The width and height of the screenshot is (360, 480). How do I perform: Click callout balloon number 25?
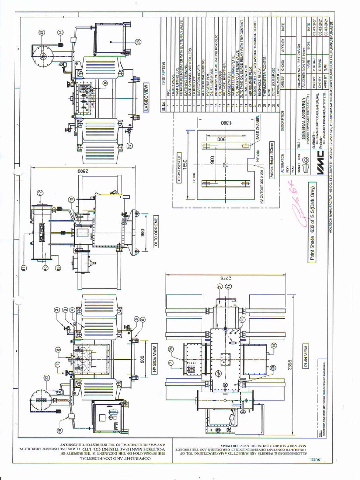pos(138,42)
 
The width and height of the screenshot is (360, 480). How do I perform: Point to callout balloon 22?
pos(46,378)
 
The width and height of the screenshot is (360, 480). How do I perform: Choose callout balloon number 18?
pos(60,430)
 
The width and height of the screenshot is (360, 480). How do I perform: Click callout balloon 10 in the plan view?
pos(273,345)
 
